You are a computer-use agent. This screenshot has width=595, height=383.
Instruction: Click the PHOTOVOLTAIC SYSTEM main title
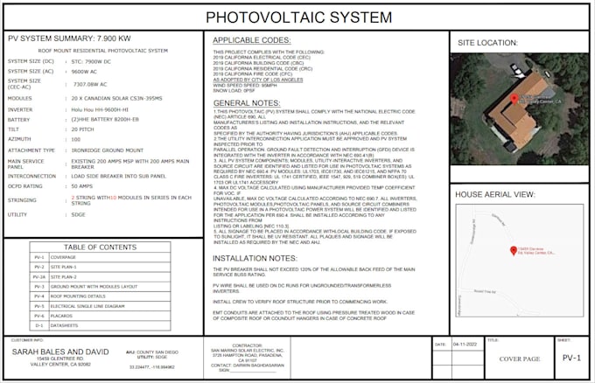coord(297,17)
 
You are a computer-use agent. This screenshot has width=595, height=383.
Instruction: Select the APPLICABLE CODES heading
coord(251,40)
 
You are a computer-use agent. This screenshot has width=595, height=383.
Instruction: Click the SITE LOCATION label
coord(487,42)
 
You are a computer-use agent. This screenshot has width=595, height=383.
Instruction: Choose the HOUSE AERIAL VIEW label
coord(494,194)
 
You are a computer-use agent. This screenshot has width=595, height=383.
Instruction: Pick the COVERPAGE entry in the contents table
coord(63,257)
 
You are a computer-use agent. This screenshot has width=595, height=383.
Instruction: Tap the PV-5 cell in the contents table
coord(38,307)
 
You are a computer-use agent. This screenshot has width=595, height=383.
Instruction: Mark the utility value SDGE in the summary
coord(79,213)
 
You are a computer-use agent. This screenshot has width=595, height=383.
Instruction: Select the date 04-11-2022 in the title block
coord(466,345)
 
